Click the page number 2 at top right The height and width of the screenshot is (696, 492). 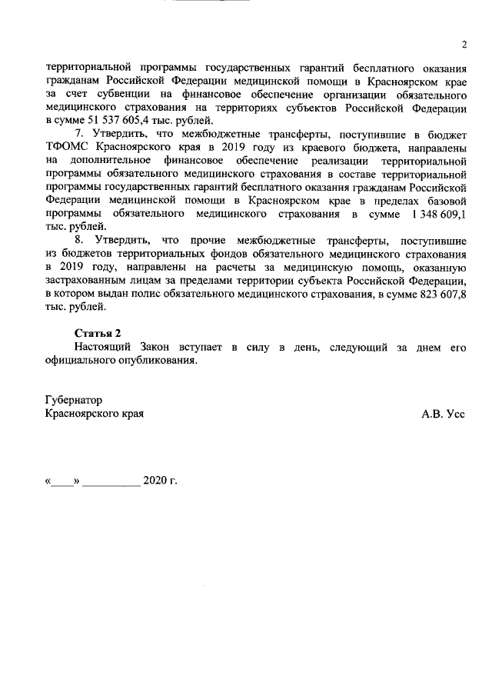pyautogui.click(x=464, y=43)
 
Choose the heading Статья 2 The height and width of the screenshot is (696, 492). pyautogui.click(x=98, y=333)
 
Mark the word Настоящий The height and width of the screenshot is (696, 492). pyautogui.click(x=104, y=348)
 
